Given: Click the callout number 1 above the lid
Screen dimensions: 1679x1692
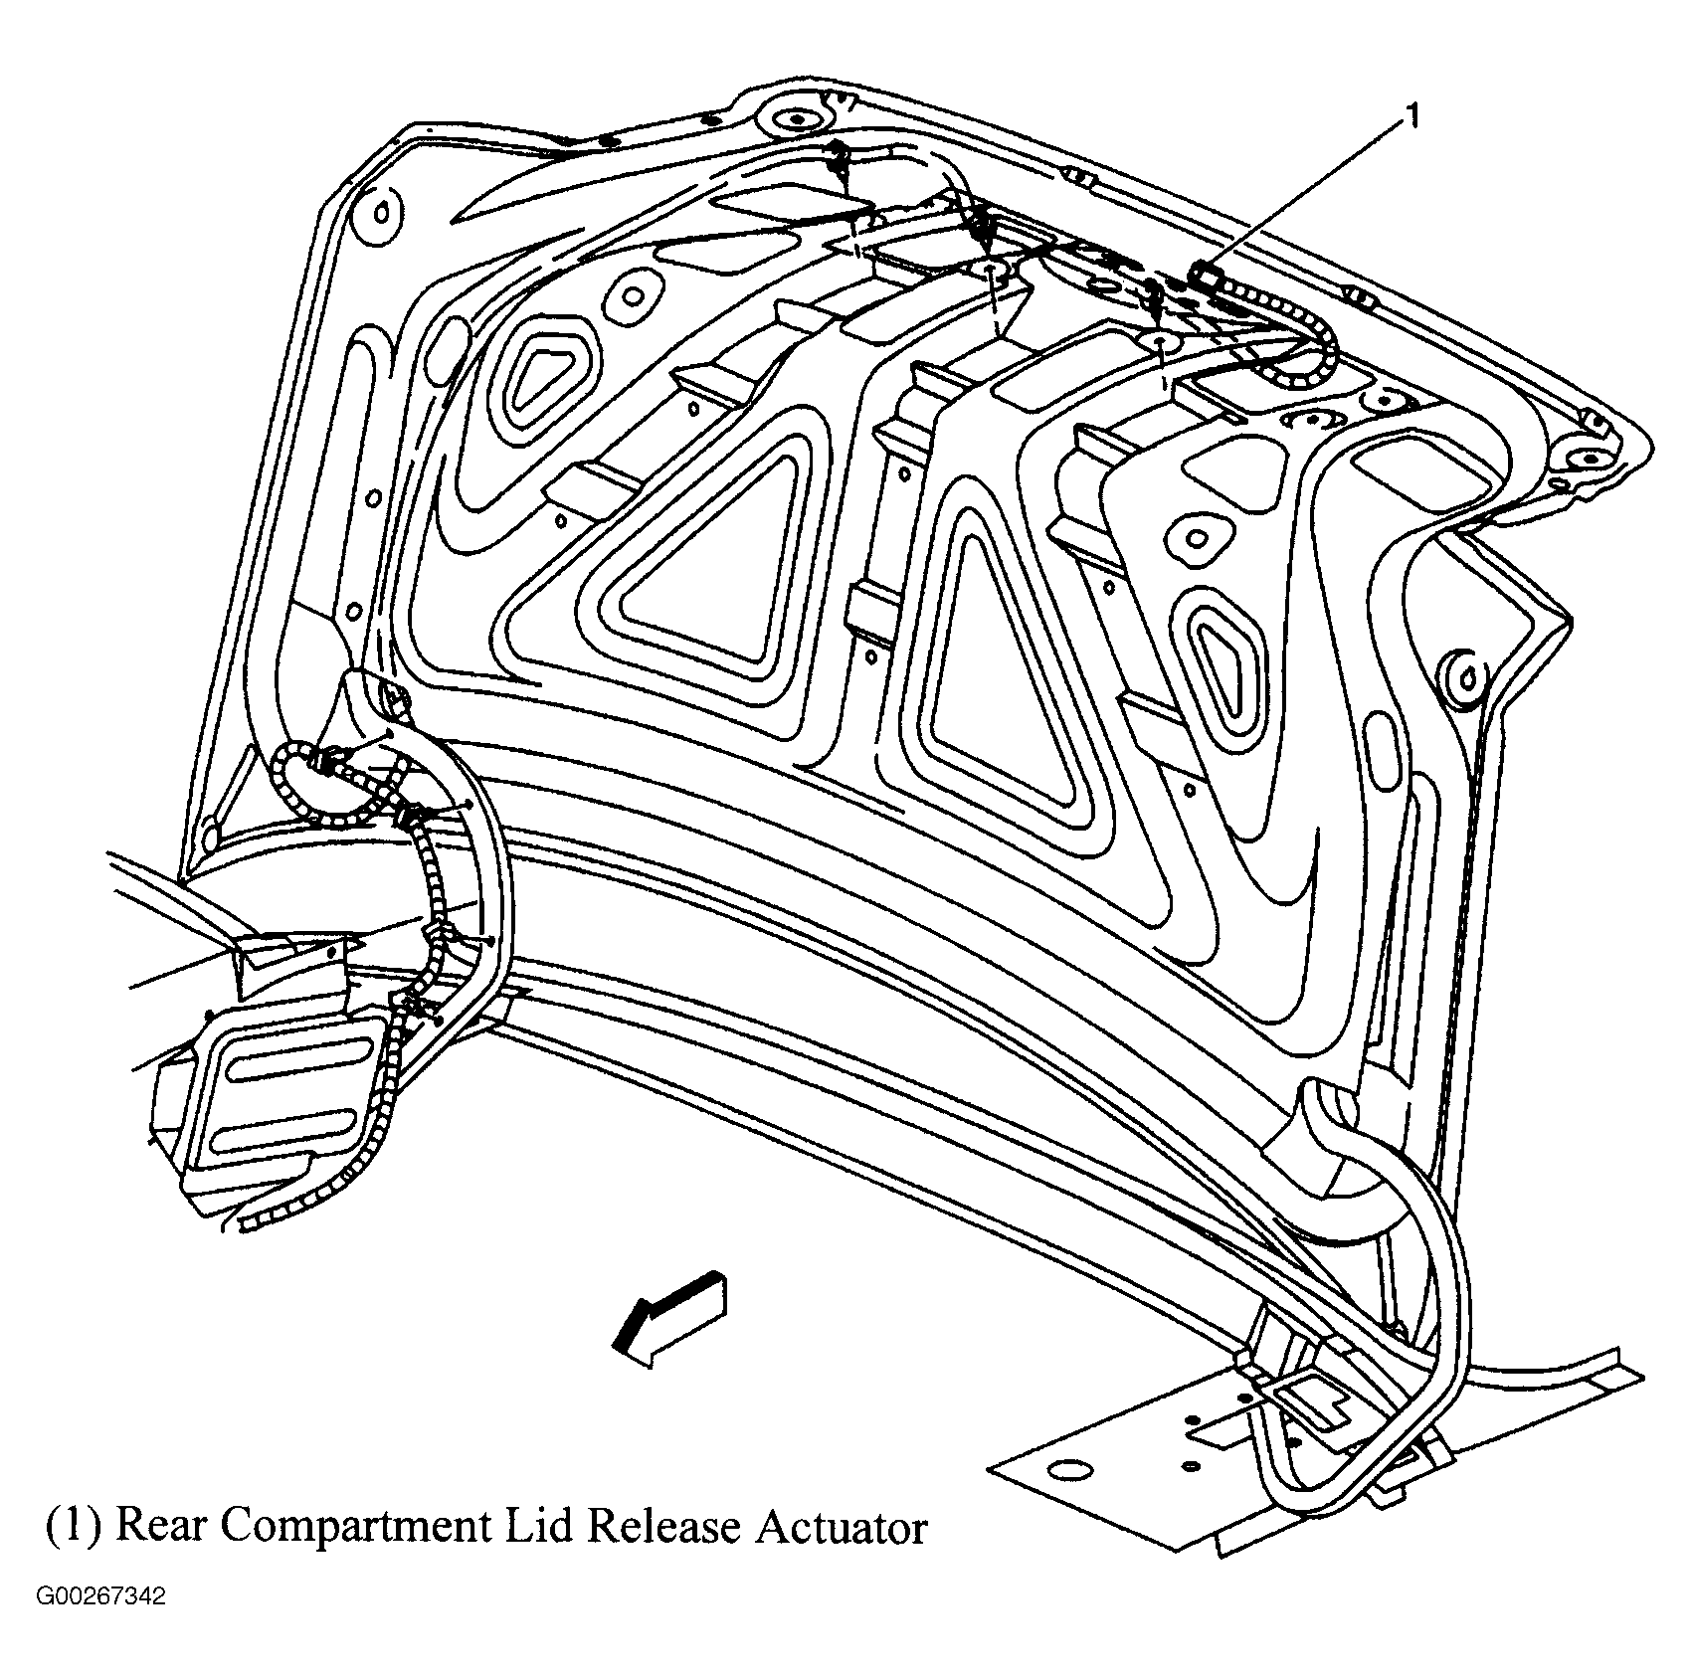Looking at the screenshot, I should click(1411, 117).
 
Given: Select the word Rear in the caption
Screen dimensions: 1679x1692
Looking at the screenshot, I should click(156, 1528).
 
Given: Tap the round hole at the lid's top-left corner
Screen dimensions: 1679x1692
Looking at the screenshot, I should click(379, 212).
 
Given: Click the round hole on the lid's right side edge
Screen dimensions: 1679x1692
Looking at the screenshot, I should click(1465, 681).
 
